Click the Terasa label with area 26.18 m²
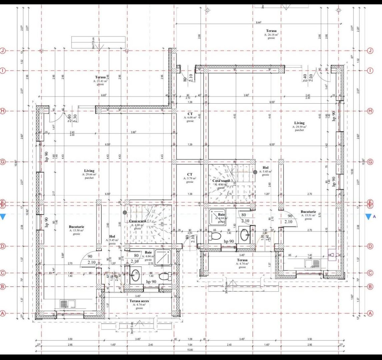271,31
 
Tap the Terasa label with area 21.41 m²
100,77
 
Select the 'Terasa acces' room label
139,301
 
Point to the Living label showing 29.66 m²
89,171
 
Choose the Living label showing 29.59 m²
299,123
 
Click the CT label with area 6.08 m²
190,114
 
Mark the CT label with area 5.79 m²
190,174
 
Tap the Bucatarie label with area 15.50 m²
76,226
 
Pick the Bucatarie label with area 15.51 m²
308,212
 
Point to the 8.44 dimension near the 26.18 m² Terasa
258,22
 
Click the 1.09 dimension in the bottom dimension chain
190,339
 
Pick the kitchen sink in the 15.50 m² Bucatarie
64,304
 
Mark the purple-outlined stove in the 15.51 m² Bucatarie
332,255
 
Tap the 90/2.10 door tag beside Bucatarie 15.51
288,219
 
